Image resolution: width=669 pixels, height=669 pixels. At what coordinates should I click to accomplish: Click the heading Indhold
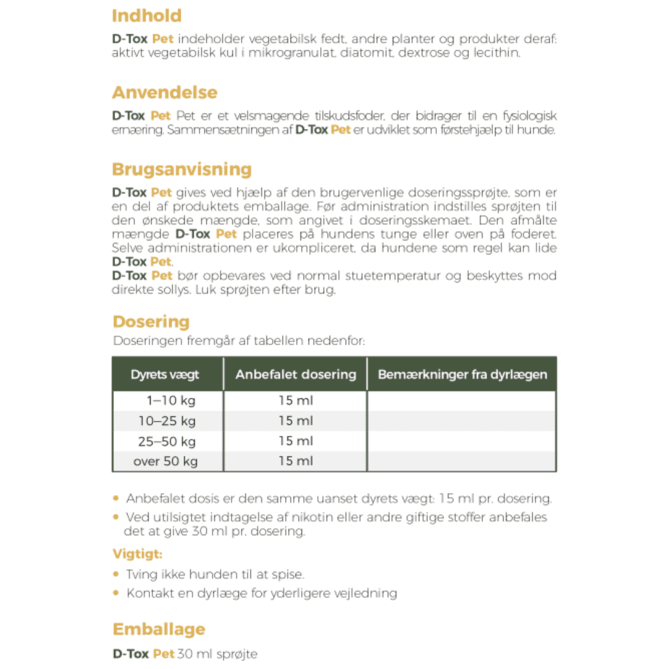(147, 16)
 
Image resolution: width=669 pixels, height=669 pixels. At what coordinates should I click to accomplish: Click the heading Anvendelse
(165, 93)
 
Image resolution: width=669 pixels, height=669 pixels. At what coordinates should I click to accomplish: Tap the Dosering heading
(151, 322)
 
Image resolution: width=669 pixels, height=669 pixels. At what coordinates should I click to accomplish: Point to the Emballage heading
(159, 629)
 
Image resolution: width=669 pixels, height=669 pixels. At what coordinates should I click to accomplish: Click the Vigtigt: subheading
(138, 554)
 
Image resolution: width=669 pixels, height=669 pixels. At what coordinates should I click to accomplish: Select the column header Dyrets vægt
(165, 375)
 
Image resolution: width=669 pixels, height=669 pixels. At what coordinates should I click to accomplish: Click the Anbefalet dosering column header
(295, 375)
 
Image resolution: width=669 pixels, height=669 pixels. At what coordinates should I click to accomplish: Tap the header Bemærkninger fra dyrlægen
(462, 375)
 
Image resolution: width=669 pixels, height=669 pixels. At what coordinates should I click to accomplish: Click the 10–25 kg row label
(167, 421)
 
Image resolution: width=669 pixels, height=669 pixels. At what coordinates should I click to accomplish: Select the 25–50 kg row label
(167, 442)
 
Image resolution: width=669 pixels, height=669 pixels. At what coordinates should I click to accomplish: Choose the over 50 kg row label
(165, 461)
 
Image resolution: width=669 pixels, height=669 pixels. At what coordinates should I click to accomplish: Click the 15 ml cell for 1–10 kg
(295, 401)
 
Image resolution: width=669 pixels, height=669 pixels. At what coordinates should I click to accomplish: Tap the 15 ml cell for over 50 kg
(295, 461)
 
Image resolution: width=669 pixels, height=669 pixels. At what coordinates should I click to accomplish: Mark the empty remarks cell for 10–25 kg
(461, 421)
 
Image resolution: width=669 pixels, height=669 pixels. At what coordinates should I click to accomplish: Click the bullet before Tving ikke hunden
(116, 574)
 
